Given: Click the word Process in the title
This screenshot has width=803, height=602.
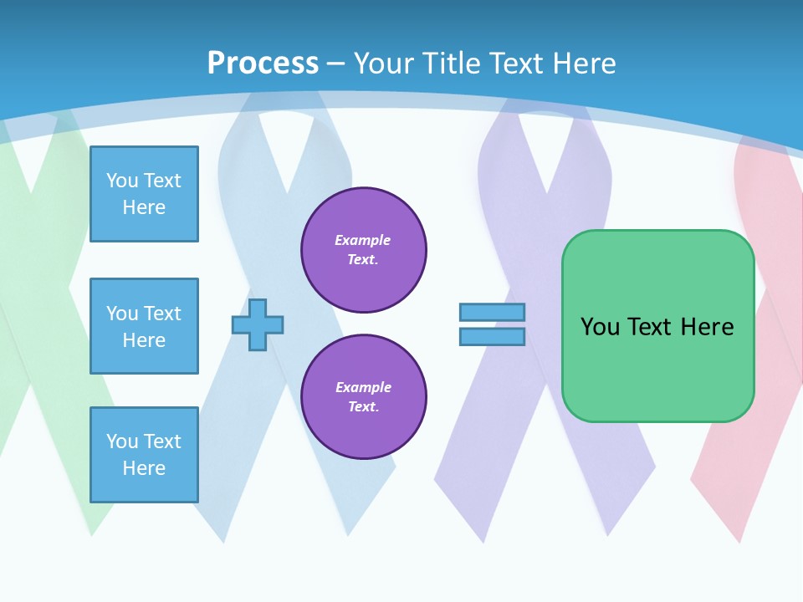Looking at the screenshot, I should (263, 64).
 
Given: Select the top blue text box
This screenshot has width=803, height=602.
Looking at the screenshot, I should (144, 194).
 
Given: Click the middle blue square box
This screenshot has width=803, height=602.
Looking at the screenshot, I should (144, 326).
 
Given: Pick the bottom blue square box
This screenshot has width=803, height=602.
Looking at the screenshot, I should (144, 454).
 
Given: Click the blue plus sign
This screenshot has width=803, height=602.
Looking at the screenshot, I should (258, 324).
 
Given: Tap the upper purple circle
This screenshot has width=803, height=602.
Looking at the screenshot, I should (364, 250).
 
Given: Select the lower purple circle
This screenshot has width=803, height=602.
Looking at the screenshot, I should (364, 397).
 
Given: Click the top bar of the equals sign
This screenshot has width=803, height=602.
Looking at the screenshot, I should (492, 313).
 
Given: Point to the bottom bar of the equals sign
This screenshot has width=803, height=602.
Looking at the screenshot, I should (492, 336).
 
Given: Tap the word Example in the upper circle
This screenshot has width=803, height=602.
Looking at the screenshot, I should (363, 241).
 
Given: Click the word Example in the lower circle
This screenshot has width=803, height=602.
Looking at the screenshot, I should (363, 388).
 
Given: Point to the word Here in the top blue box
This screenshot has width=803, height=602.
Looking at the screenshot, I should (144, 207).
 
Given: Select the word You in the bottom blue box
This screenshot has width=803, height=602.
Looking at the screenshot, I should (122, 441).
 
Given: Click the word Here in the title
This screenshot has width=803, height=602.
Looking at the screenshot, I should (584, 64).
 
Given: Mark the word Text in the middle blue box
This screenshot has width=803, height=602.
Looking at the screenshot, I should (161, 314).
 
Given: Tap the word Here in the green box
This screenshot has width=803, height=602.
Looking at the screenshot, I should (707, 327).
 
